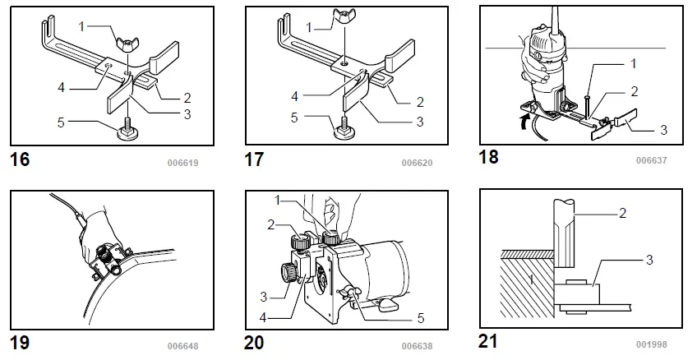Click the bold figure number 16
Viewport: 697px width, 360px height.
[19, 159]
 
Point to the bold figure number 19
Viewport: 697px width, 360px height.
[19, 342]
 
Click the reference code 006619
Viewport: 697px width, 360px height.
[182, 163]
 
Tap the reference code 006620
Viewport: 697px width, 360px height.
[417, 163]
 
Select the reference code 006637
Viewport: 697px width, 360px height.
[651, 160]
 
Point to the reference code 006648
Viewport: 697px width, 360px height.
[182, 346]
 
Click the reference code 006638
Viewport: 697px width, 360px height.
[417, 346]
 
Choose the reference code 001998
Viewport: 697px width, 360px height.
[651, 344]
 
